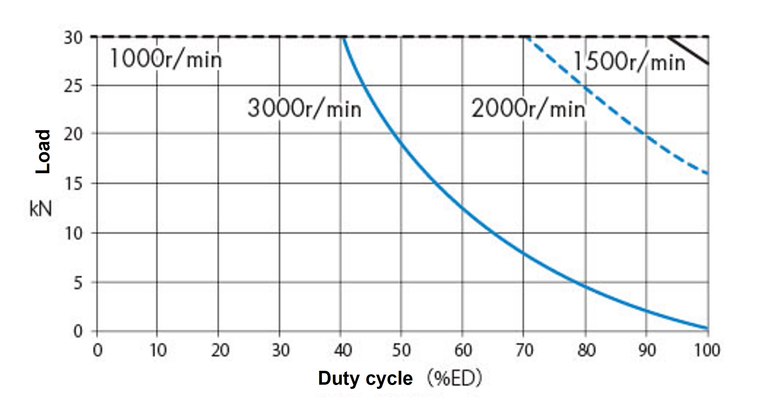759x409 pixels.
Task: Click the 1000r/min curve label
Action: [x=165, y=59]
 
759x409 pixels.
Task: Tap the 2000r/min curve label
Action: [x=528, y=109]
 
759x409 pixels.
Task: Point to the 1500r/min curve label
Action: [x=629, y=62]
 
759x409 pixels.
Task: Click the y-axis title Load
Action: [x=43, y=151]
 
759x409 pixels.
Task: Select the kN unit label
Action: [x=41, y=209]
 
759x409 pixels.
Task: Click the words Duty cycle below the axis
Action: [x=365, y=378]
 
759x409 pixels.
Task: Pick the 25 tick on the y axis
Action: [x=73, y=86]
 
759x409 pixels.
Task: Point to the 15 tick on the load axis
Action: [x=73, y=184]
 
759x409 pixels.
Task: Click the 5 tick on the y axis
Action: [x=78, y=283]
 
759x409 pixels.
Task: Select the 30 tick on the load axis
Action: [x=73, y=37]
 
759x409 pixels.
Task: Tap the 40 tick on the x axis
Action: [x=342, y=350]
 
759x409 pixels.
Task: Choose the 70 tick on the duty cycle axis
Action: [x=524, y=350]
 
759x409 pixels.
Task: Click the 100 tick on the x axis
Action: [x=707, y=350]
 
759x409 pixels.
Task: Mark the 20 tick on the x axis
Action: [x=220, y=350]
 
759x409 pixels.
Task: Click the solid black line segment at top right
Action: [x=689, y=50]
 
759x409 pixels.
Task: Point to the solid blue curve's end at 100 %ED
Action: [x=707, y=328]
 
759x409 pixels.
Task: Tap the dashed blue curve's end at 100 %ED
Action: [x=707, y=173]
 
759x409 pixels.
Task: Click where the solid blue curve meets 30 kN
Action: [x=342, y=37]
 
